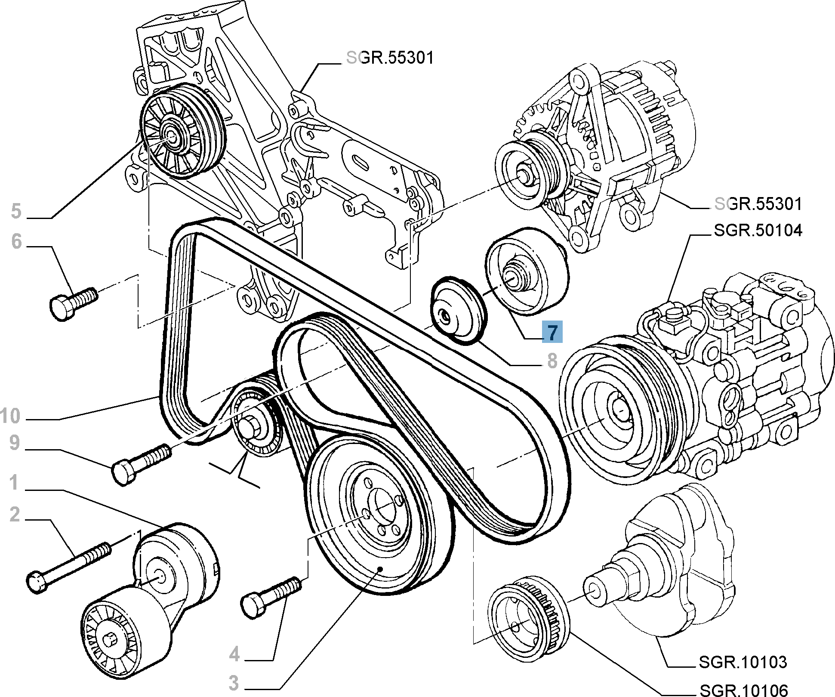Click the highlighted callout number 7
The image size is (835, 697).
pyautogui.click(x=552, y=332)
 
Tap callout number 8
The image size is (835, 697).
pyautogui.click(x=552, y=361)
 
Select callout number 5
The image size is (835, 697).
pyautogui.click(x=16, y=211)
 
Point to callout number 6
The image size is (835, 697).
pyautogui.click(x=16, y=241)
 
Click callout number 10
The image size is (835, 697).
pyautogui.click(x=10, y=416)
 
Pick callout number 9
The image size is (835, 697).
pyautogui.click(x=15, y=443)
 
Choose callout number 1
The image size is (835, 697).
pyautogui.click(x=14, y=482)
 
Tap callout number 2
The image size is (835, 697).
pyautogui.click(x=15, y=515)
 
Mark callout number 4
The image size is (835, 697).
pyautogui.click(x=234, y=654)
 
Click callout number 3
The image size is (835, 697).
pyautogui.click(x=233, y=683)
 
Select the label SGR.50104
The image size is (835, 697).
pyautogui.click(x=758, y=231)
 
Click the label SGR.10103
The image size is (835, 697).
pyautogui.click(x=743, y=662)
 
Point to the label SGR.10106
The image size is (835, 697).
pyautogui.click(x=744, y=690)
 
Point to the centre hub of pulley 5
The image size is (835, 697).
pyautogui.click(x=173, y=137)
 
